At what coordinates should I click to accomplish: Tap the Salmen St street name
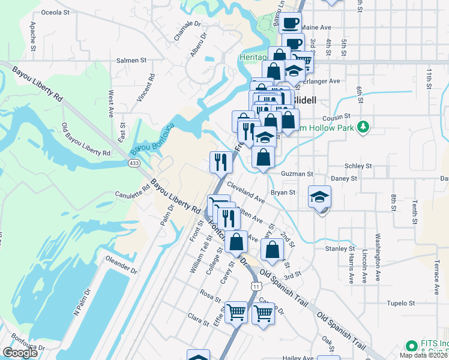coord(131,60)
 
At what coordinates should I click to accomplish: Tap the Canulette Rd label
coord(132,193)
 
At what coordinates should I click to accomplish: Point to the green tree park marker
coord(363,127)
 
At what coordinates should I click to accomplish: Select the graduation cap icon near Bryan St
coord(320,196)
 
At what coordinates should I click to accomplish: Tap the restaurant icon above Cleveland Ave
coord(221,161)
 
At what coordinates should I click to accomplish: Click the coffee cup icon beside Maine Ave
coord(291,23)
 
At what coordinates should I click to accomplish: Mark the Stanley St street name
coord(340,248)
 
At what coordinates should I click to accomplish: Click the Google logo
coord(20,353)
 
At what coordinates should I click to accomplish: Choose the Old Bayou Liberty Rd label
coord(86,139)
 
